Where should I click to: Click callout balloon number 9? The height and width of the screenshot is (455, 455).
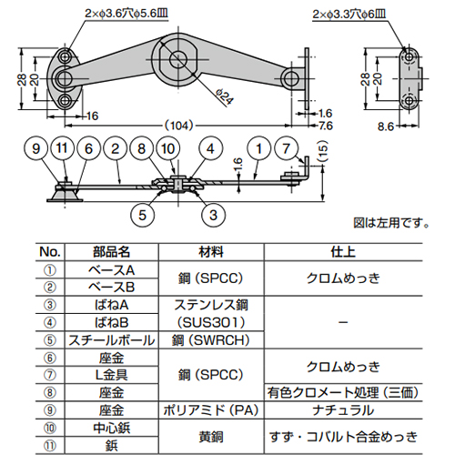coord(35,147)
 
